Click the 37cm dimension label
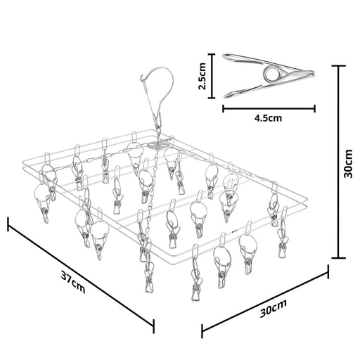73,282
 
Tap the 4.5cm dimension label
268,118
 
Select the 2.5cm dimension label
202,76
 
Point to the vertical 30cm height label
348,163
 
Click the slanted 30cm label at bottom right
274,308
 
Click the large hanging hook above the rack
157,93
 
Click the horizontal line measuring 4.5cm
269,108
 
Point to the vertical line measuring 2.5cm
212,76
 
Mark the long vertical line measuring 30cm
338,162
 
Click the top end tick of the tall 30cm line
338,66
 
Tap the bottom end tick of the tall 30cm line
338,258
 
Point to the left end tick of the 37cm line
8,224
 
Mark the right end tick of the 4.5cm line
314,108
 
